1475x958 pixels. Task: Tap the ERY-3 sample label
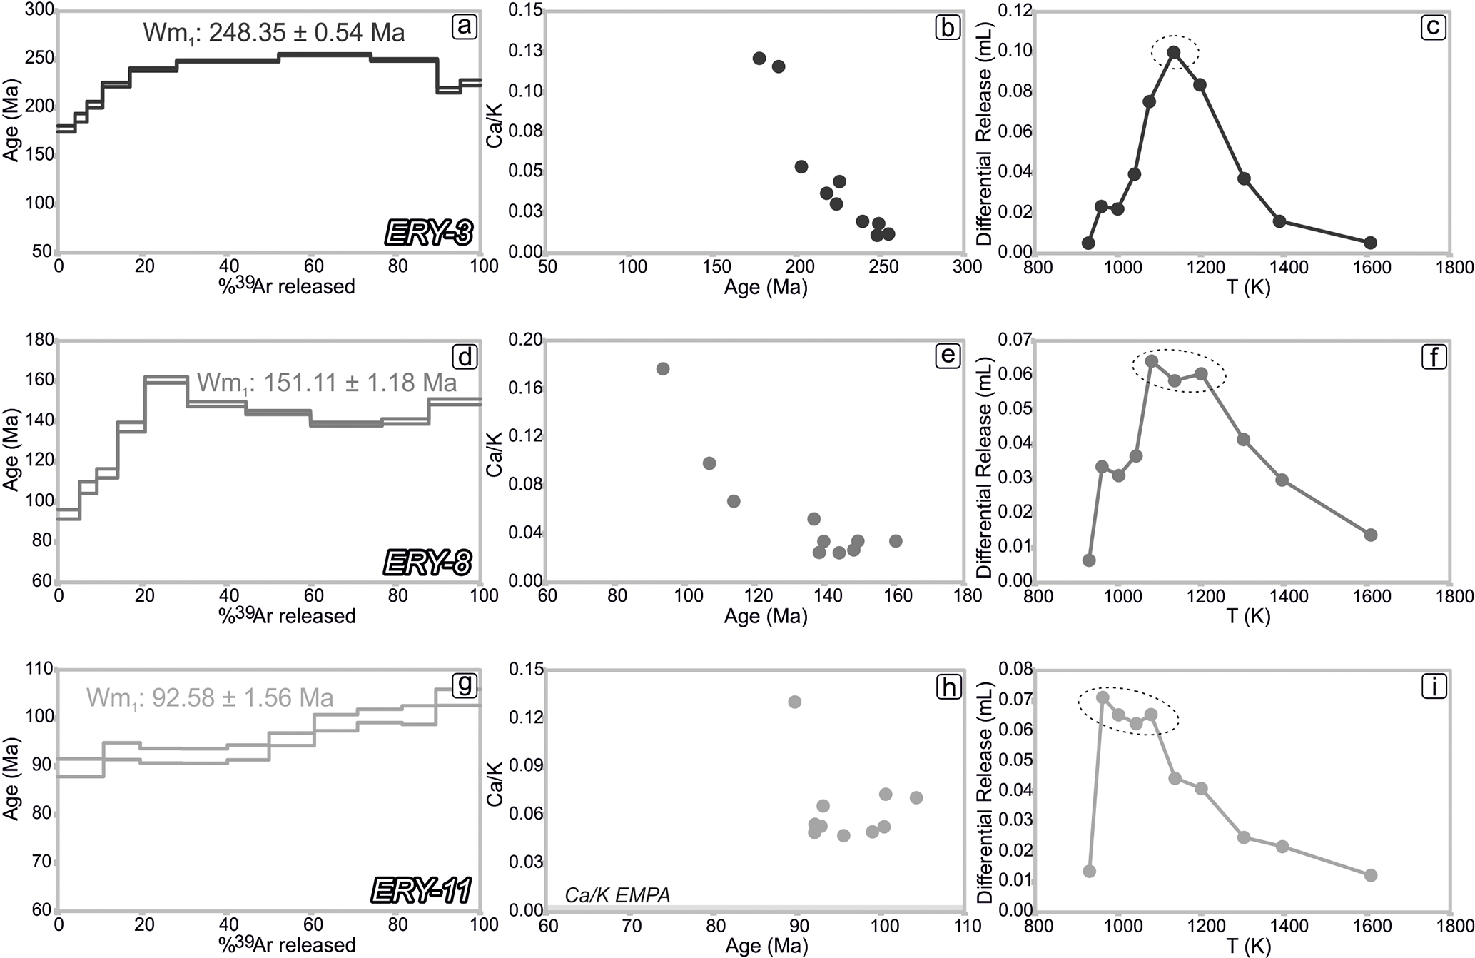pyautogui.click(x=429, y=233)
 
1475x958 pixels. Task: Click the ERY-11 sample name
pyautogui.click(x=422, y=891)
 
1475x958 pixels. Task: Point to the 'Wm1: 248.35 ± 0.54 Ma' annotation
pyautogui.click(x=273, y=33)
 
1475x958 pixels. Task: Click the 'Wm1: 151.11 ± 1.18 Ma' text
pyautogui.click(x=327, y=383)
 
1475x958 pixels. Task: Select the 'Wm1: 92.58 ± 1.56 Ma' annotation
pyautogui.click(x=210, y=697)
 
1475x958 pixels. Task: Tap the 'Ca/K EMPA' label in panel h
pyautogui.click(x=617, y=895)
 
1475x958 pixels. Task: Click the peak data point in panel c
pyautogui.click(x=1173, y=53)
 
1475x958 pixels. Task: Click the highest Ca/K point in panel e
pyautogui.click(x=662, y=369)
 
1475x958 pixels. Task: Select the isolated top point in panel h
pyautogui.click(x=794, y=702)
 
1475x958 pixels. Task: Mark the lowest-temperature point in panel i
pyautogui.click(x=1089, y=871)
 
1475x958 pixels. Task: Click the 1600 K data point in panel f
pyautogui.click(x=1370, y=535)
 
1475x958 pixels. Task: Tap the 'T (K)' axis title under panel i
pyautogui.click(x=1249, y=946)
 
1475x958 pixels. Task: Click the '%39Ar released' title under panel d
pyautogui.click(x=287, y=615)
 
